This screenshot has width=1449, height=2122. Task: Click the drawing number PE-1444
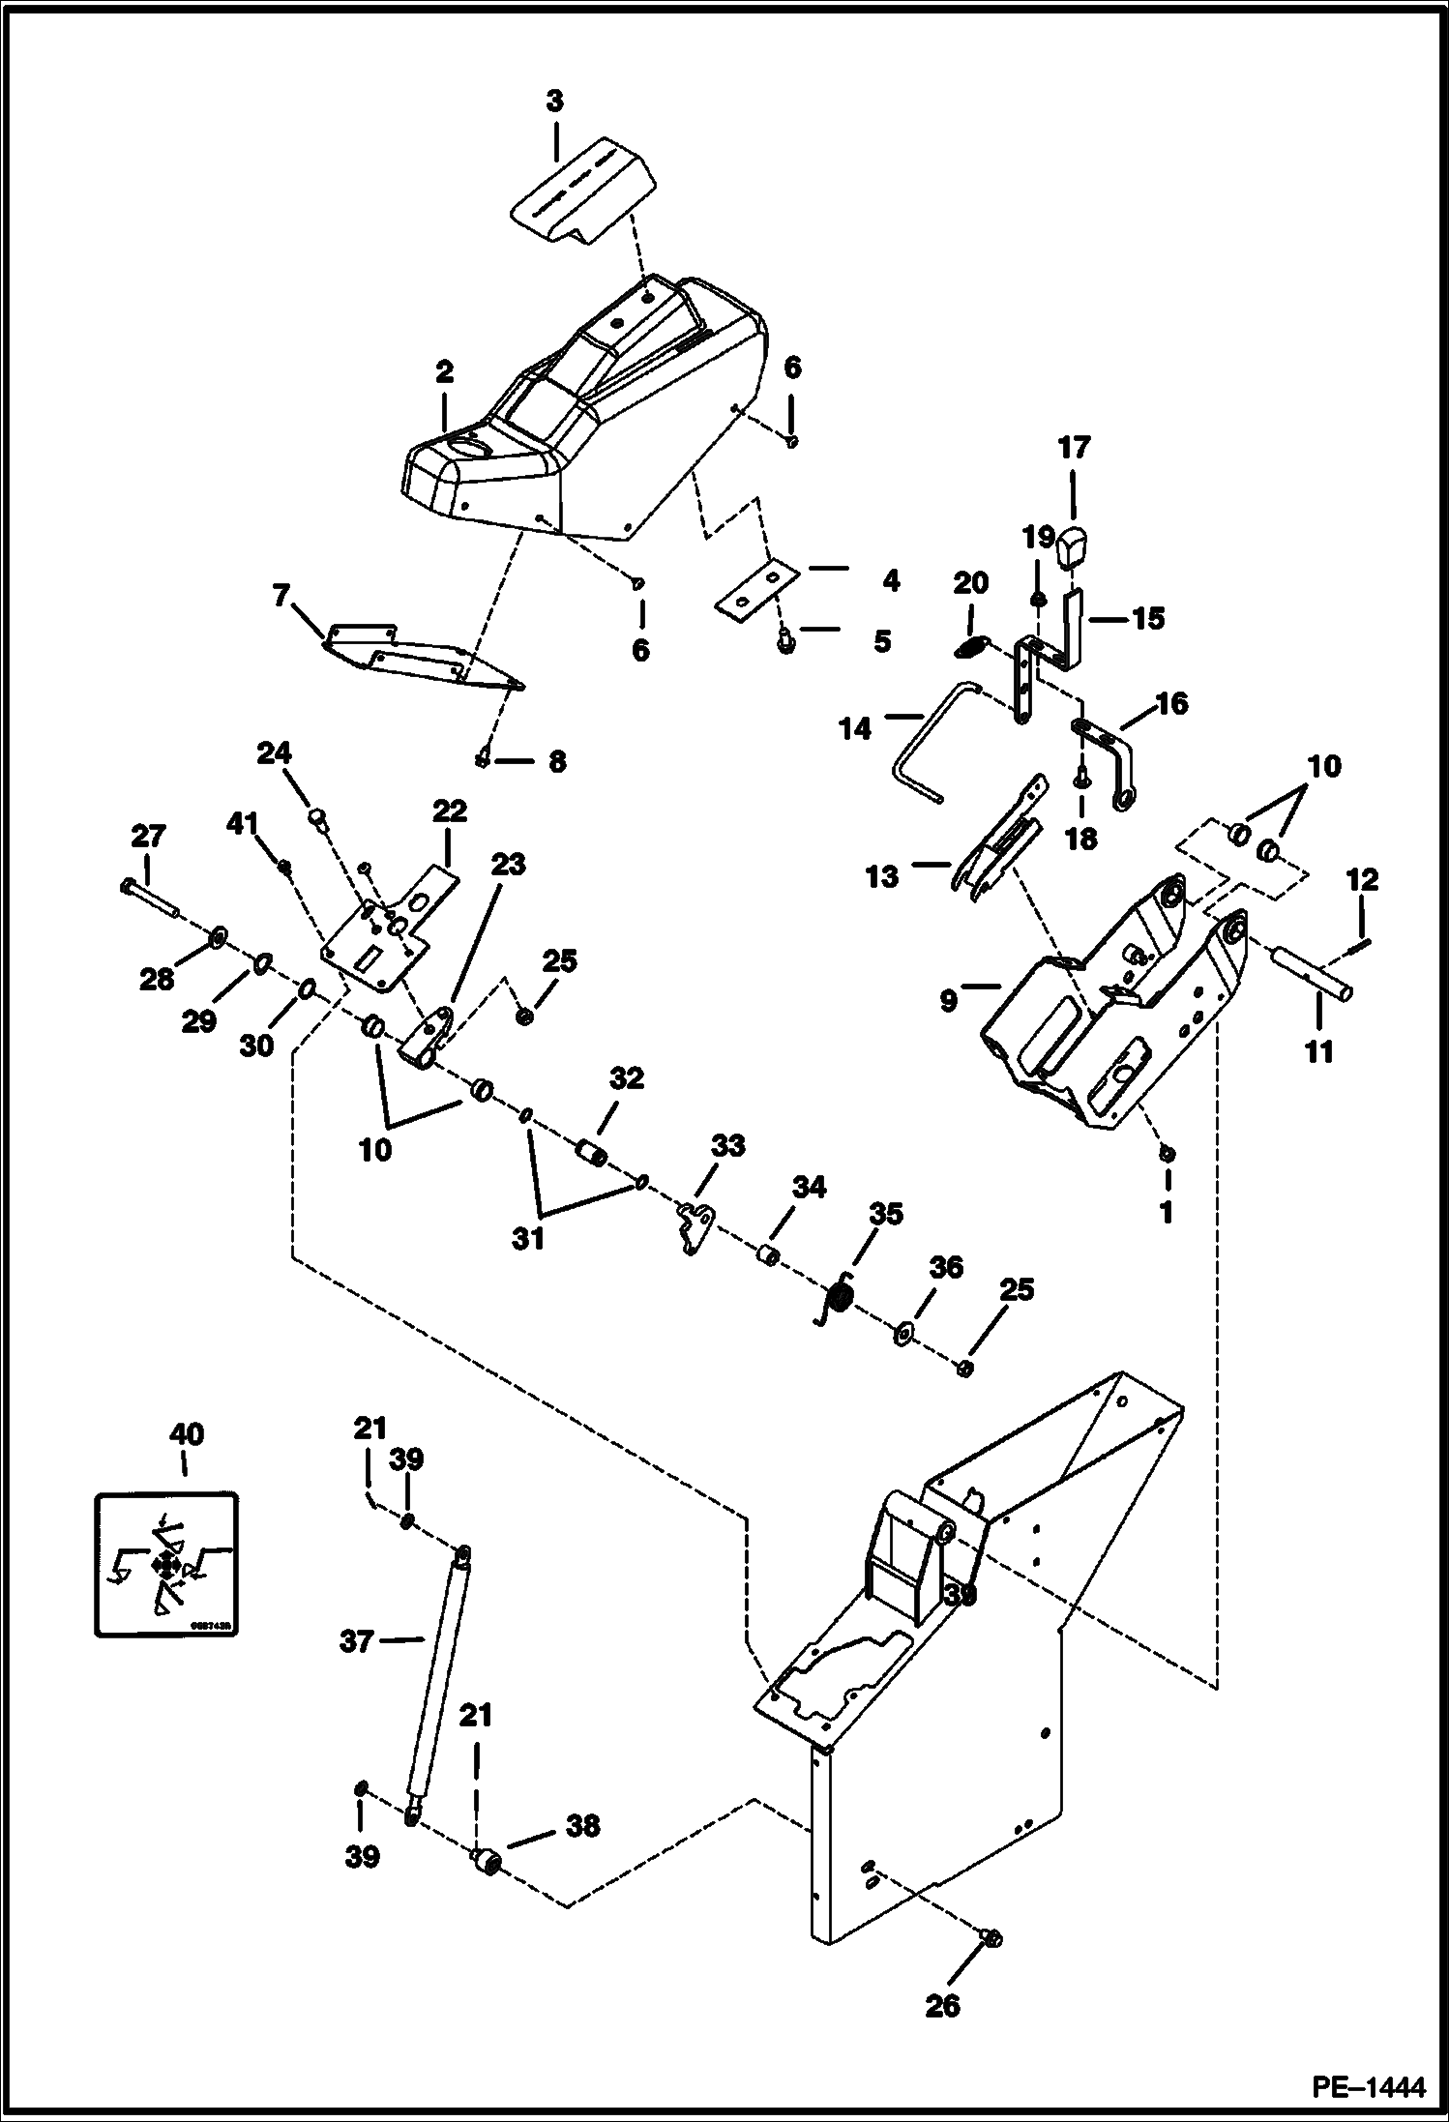pos(1368,2087)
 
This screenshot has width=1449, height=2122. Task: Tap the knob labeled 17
pos(1074,549)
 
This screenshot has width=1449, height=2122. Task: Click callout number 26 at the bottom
pos(942,2006)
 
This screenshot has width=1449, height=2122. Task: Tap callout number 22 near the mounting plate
pos(449,810)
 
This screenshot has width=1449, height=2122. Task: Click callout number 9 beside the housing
pos(948,1000)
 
